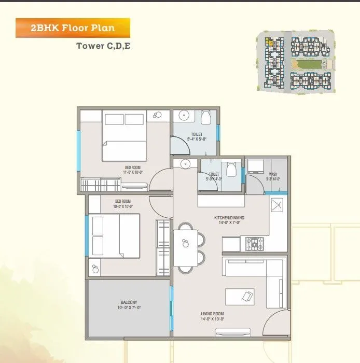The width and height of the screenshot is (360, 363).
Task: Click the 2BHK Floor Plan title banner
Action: point(72,27)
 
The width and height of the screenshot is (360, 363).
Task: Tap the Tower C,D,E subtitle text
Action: point(104,46)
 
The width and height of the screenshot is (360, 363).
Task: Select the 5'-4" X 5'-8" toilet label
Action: point(197,137)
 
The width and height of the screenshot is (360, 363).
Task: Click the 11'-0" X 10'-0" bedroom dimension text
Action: point(133,171)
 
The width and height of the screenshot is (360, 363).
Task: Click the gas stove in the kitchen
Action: point(254,242)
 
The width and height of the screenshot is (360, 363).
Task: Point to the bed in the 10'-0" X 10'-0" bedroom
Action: point(115,235)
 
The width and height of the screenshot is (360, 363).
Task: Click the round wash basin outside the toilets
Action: point(185,164)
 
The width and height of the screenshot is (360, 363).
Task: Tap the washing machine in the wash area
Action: point(256,166)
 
